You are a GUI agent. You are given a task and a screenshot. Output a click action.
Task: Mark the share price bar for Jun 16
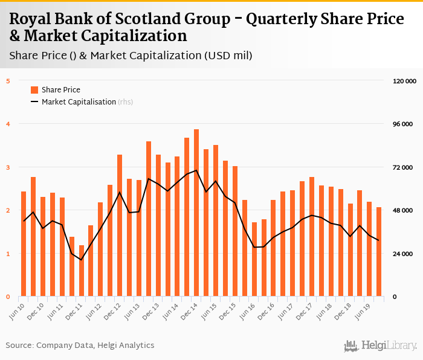pyautogui.click(x=254, y=259)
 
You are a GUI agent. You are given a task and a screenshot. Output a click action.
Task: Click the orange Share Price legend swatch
pyautogui.click(x=34, y=90)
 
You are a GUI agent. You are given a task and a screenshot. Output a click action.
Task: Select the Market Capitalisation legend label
pyautogui.click(x=79, y=102)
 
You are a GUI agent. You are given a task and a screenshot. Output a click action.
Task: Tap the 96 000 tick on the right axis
pyautogui.click(x=402, y=124)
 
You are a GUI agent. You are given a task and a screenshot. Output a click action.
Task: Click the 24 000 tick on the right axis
pyautogui.click(x=402, y=254)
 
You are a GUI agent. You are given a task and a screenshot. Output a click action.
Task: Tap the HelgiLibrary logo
pyautogui.click(x=380, y=346)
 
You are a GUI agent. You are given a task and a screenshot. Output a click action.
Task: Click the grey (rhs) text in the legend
pyautogui.click(x=125, y=102)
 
